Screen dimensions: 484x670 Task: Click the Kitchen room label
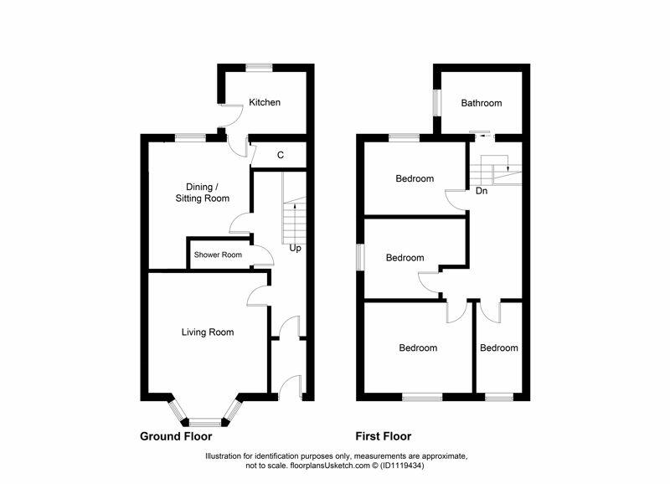coord(265,103)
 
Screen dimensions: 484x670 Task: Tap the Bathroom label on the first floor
coord(482,104)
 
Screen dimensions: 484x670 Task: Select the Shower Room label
coord(218,255)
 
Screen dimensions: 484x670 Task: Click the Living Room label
coord(208,332)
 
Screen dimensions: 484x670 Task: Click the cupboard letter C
coord(281,155)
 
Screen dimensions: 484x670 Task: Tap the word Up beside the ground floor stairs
coord(295,249)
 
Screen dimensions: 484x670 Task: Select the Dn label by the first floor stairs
coord(482,191)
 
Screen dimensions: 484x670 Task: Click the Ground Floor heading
coord(176,436)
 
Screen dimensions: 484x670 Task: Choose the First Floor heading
coord(383,436)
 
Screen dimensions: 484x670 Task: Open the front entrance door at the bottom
coord(291,386)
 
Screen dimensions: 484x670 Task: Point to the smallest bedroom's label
coord(498,348)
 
